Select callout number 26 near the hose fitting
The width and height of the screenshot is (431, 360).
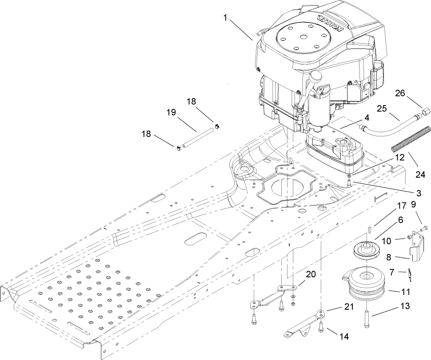(x=400, y=94)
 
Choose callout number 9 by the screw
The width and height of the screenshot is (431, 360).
(x=414, y=204)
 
